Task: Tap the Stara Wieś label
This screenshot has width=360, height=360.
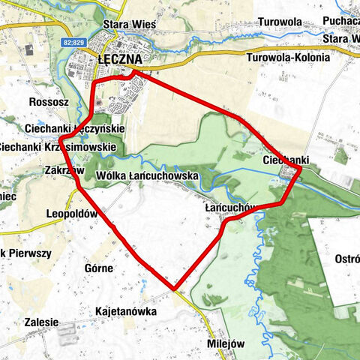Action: (x=129, y=25)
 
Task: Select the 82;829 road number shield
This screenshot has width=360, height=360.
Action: (x=73, y=42)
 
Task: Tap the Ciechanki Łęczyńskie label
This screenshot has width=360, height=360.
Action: (x=84, y=129)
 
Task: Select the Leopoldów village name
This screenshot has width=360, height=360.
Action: (x=72, y=213)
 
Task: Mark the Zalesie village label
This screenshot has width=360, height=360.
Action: (x=41, y=322)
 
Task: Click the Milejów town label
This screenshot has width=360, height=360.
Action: (x=225, y=343)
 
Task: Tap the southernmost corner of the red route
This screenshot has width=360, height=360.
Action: (x=175, y=287)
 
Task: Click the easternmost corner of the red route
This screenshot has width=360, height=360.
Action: (x=300, y=171)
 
